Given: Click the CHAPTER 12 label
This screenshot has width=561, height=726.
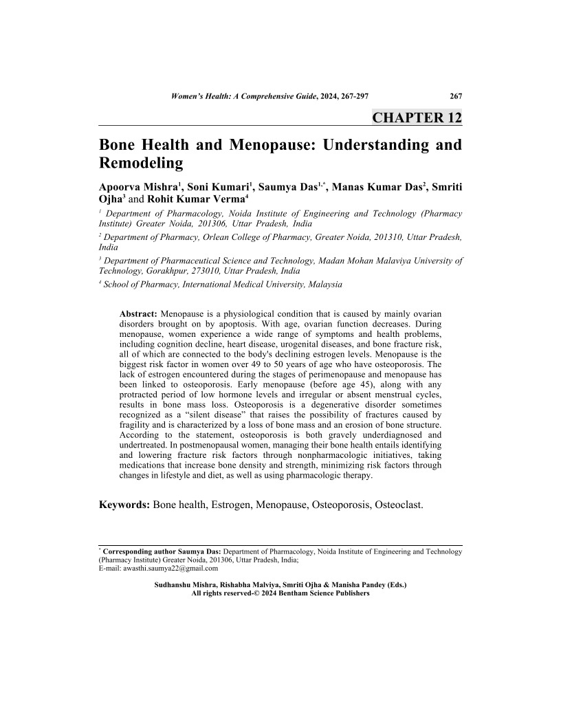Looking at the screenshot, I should point(417,117).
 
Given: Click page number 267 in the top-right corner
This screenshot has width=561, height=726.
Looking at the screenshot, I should point(455,97).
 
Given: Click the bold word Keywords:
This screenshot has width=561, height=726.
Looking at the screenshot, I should point(124,505).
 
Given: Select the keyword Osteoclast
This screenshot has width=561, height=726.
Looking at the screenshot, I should point(399,505).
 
